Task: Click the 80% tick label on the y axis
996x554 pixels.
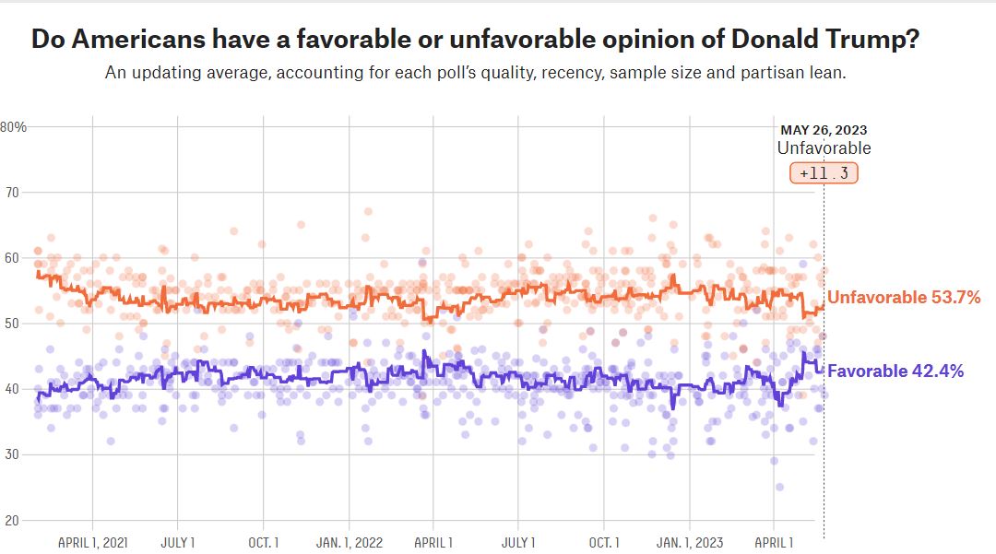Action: pyautogui.click(x=13, y=127)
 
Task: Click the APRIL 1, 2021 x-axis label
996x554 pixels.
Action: pyautogui.click(x=93, y=542)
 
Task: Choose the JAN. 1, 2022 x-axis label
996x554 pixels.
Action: pyautogui.click(x=350, y=542)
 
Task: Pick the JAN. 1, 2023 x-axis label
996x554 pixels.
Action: pyautogui.click(x=690, y=542)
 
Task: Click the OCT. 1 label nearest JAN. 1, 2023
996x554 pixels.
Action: pyautogui.click(x=604, y=542)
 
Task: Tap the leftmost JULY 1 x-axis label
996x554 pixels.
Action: pyautogui.click(x=178, y=542)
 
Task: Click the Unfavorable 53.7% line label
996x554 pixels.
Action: pyautogui.click(x=904, y=298)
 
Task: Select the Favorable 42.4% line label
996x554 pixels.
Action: pyautogui.click(x=896, y=371)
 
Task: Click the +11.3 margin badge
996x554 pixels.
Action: pyautogui.click(x=824, y=173)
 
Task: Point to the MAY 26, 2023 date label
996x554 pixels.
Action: pyautogui.click(x=824, y=131)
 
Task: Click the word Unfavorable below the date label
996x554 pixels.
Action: pyautogui.click(x=824, y=148)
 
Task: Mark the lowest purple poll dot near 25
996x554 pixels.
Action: pyautogui.click(x=779, y=487)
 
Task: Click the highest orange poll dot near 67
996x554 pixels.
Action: pyautogui.click(x=368, y=211)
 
